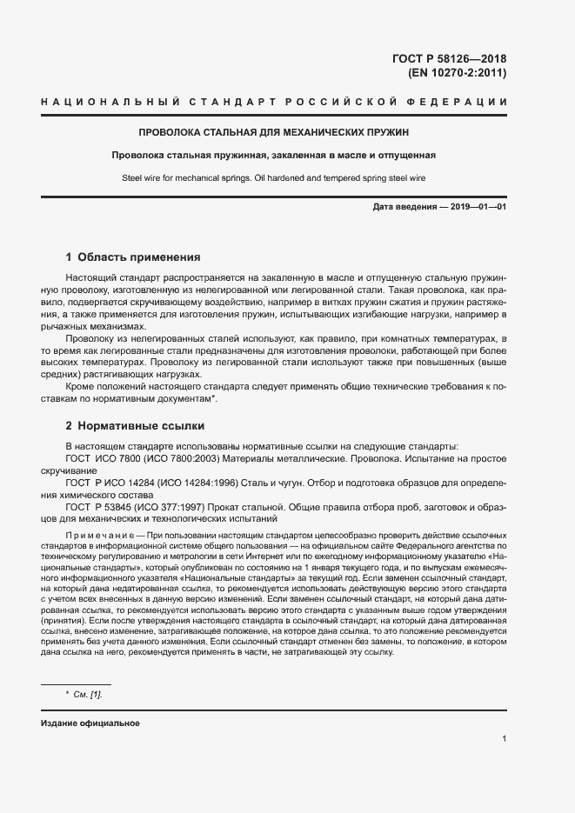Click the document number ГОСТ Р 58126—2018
coord(450,59)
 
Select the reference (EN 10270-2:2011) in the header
coord(458,73)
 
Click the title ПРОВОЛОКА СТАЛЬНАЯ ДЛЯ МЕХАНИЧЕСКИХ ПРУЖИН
coord(274,133)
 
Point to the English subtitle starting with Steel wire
coord(274,179)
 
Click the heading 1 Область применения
coord(133,257)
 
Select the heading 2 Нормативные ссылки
coord(135,426)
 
